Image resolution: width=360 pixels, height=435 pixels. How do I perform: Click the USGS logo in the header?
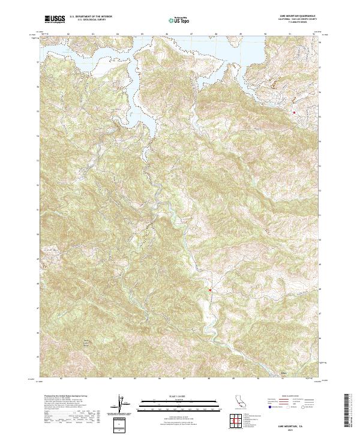53,20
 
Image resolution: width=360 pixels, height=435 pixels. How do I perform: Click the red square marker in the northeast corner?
294,112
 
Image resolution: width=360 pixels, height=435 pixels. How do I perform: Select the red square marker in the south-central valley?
210,290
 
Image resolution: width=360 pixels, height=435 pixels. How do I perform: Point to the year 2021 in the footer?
298,428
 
